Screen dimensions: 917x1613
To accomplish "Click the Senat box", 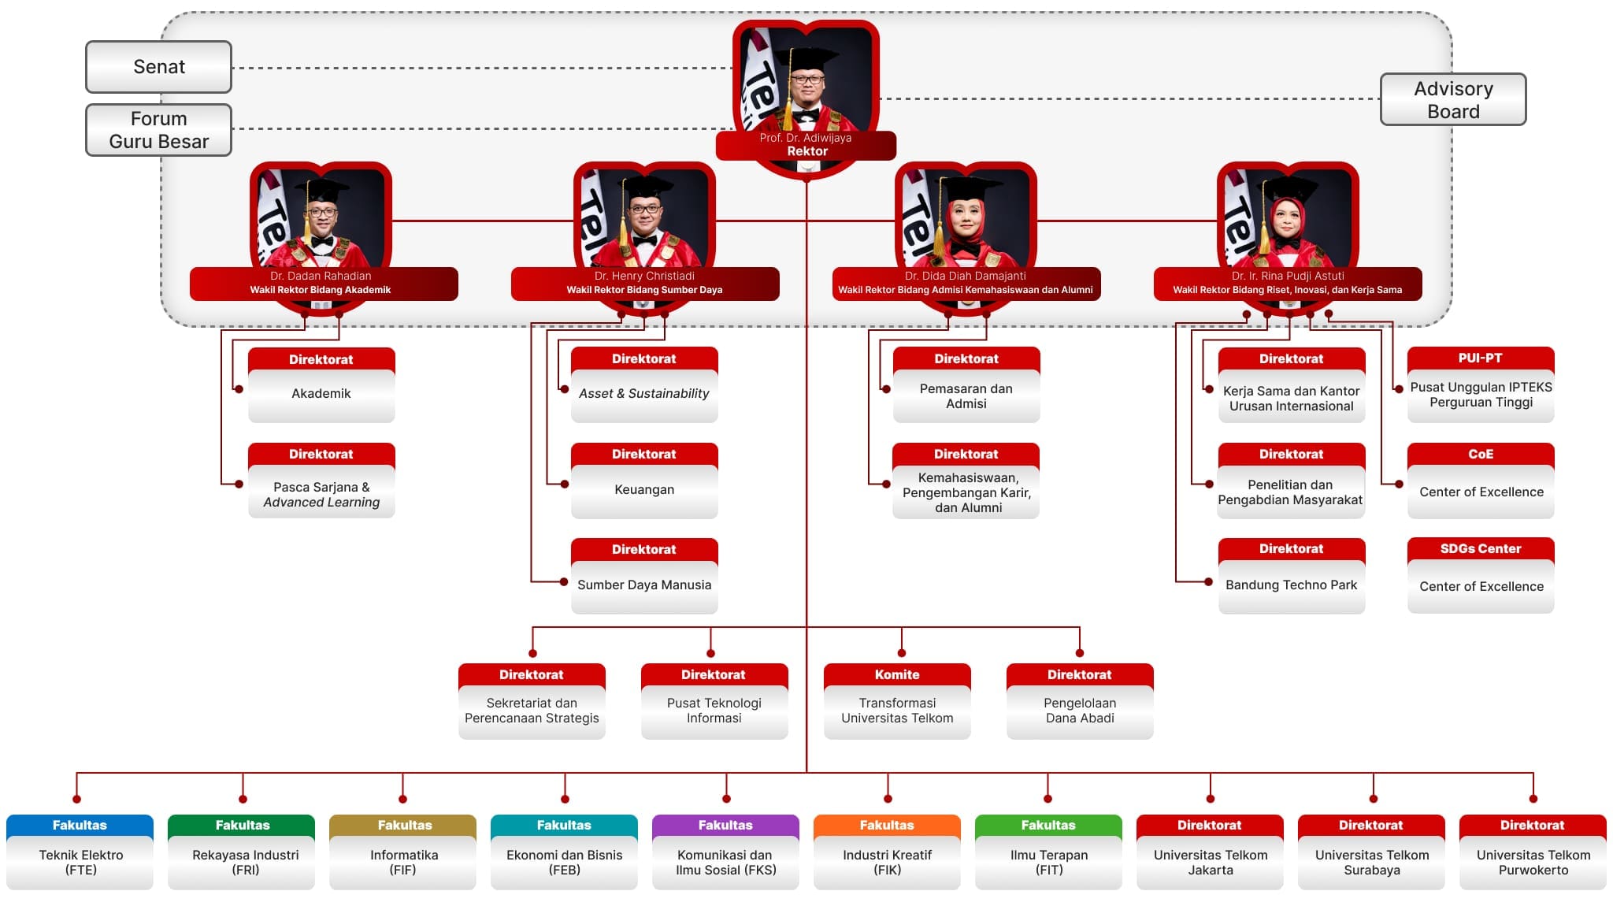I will (x=158, y=67).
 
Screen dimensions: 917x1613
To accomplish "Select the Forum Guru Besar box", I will (x=158, y=130).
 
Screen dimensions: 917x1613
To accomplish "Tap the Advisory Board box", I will (x=1453, y=100).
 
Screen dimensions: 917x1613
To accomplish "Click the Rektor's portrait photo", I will (x=806, y=79).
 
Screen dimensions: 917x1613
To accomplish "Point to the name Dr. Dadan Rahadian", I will (x=321, y=276).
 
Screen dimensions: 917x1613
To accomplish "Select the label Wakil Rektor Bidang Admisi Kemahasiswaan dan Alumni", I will (x=966, y=290).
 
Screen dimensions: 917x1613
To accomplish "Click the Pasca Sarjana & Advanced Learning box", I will (x=321, y=495).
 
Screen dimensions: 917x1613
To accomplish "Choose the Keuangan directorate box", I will (x=644, y=490).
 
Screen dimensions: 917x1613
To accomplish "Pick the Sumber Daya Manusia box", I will (x=644, y=585).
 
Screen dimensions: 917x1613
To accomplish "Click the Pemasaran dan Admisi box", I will (x=966, y=396).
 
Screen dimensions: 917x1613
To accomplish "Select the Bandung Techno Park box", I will (x=1292, y=585).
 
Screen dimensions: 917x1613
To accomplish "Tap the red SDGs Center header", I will (x=1481, y=549).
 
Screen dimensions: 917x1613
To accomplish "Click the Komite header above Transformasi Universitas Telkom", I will (x=897, y=675).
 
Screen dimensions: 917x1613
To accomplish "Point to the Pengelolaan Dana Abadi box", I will (x=1080, y=711).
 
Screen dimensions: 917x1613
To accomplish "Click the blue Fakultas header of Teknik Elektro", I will (x=80, y=826).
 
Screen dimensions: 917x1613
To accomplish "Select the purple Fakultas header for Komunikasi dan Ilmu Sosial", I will (x=725, y=826).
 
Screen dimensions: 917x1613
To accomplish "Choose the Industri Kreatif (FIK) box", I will (x=887, y=863).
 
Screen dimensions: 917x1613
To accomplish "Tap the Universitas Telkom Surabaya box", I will (x=1371, y=863).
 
